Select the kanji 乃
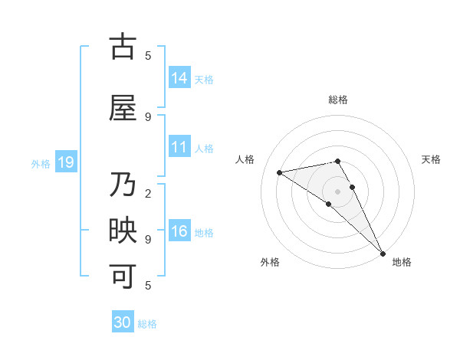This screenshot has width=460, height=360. (123, 186)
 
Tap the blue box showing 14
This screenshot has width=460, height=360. (179, 77)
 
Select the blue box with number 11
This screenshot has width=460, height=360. (179, 147)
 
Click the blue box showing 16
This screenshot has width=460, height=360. (179, 231)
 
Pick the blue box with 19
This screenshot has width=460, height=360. (65, 162)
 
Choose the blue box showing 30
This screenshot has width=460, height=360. (123, 322)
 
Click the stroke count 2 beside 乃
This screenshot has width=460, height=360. (148, 193)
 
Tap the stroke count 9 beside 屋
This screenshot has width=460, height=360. (148, 116)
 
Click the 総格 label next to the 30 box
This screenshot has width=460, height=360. (148, 324)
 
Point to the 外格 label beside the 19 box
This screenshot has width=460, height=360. (41, 163)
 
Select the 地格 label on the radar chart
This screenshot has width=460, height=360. (402, 263)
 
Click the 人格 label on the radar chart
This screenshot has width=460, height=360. (245, 159)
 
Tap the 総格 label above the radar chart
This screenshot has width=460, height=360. (338, 100)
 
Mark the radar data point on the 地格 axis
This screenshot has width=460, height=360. (383, 253)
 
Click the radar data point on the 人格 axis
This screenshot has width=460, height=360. (280, 172)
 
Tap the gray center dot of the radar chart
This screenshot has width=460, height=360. (338, 191)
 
